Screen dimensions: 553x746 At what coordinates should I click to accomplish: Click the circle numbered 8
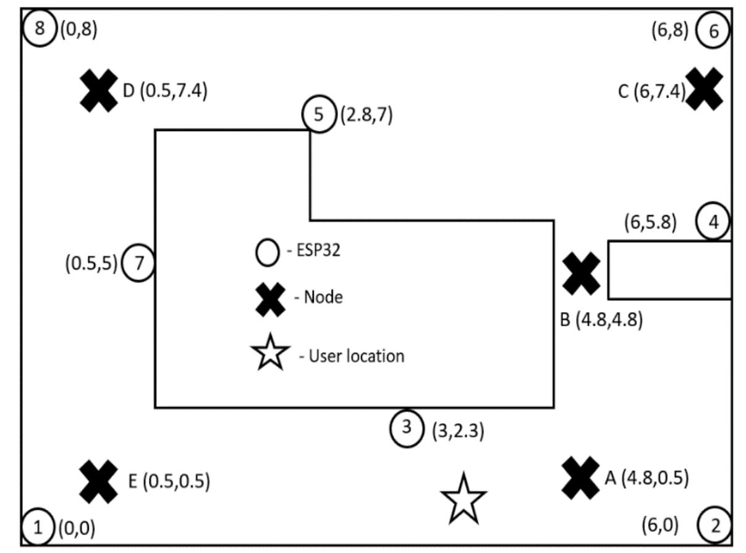coord(40,29)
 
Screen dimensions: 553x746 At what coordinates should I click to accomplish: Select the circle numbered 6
coord(713,31)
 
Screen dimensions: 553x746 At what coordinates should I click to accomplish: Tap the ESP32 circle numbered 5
coord(318,115)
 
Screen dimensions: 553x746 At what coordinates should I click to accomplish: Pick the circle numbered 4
coord(713,222)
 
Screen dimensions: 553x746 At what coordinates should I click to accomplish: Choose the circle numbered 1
coord(38,528)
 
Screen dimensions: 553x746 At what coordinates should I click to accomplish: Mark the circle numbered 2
coord(714,526)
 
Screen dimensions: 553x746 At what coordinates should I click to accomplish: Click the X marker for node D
coord(99,91)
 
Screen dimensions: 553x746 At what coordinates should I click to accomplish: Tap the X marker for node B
coord(581,274)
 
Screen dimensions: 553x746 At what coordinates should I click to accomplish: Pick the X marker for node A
coord(580,478)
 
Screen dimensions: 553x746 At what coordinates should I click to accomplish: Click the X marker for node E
coord(99,481)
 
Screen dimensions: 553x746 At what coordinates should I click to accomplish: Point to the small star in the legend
coord(270,353)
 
